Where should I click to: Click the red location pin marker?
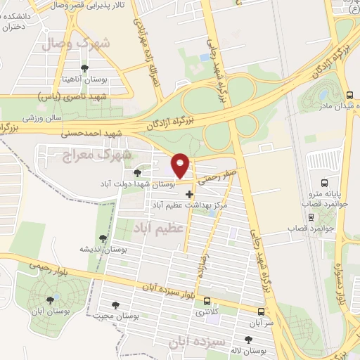[181, 165]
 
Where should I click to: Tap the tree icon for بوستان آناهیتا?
[84, 68]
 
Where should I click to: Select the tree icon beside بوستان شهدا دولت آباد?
[137, 172]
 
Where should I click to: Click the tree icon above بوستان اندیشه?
[104, 239]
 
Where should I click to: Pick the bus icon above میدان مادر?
[349, 95]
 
